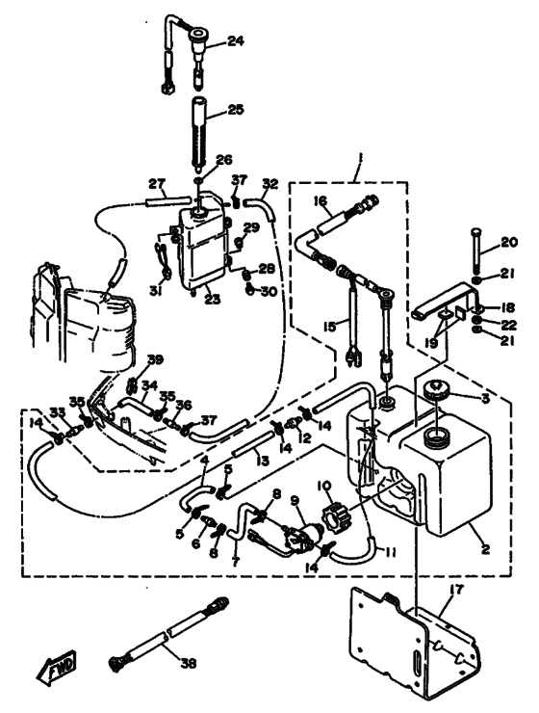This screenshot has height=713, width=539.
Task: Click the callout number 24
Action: coord(236,41)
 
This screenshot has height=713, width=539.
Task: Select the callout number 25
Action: coord(236,110)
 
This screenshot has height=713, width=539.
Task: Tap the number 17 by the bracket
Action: coord(457,590)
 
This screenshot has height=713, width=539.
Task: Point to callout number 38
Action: coord(188,664)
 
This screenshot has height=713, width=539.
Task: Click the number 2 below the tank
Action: coord(485,549)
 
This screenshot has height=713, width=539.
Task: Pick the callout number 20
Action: coord(508,243)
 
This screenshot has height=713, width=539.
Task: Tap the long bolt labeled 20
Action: coord(475,248)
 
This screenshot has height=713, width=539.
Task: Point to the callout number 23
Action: coord(212,300)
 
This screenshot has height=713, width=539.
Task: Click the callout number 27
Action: coord(157,184)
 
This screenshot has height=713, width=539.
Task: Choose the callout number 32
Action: coord(269,184)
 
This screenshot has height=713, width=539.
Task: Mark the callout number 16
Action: coord(321,200)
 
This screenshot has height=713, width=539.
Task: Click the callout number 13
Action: coord(262,461)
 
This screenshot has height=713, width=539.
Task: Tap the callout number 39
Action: coord(154,359)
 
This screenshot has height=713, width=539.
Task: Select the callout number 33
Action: coord(58,412)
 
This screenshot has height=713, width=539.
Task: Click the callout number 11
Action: coord(390,552)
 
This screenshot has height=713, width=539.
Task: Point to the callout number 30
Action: coord(268,291)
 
